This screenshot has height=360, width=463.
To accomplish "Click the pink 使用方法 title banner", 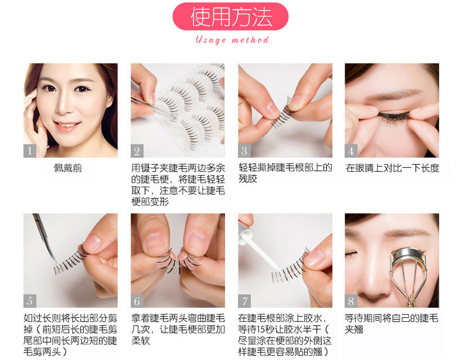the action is tap(230, 16).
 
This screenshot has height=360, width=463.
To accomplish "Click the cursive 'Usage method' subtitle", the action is tap(232, 40).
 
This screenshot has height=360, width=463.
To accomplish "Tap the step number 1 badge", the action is tap(30, 151).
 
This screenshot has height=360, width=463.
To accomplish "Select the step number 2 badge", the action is tap(137, 151).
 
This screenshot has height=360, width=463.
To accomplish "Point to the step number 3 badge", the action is tap(244, 151).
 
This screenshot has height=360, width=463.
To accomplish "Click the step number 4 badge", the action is tap(351, 151).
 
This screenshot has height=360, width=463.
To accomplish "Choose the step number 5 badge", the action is tap(30, 301).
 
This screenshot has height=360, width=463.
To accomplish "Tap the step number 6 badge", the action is tap(137, 301).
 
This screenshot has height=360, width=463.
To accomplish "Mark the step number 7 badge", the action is tap(244, 301).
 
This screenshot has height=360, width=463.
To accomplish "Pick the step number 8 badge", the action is tap(351, 301).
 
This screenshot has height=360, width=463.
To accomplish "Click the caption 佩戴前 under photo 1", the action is tap(67, 168).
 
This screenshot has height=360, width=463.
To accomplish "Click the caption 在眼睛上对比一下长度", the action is tap(393, 168).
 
